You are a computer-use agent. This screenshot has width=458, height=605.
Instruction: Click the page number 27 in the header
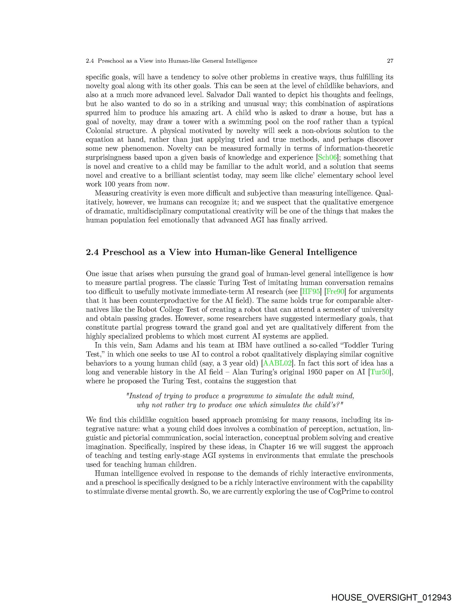pyautogui.click(x=390, y=61)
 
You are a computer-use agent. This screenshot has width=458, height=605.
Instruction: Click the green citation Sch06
pyautogui.click(x=327, y=158)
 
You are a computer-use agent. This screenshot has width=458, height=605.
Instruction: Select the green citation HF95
pyautogui.click(x=309, y=292)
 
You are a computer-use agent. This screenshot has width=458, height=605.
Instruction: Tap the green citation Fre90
pyautogui.click(x=335, y=292)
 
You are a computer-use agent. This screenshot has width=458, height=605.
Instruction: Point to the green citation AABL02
pyautogui.click(x=277, y=363)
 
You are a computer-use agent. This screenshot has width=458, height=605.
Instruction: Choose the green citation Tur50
pyautogui.click(x=380, y=372)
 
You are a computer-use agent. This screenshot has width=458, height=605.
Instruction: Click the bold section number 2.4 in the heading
pyautogui.click(x=92, y=252)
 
